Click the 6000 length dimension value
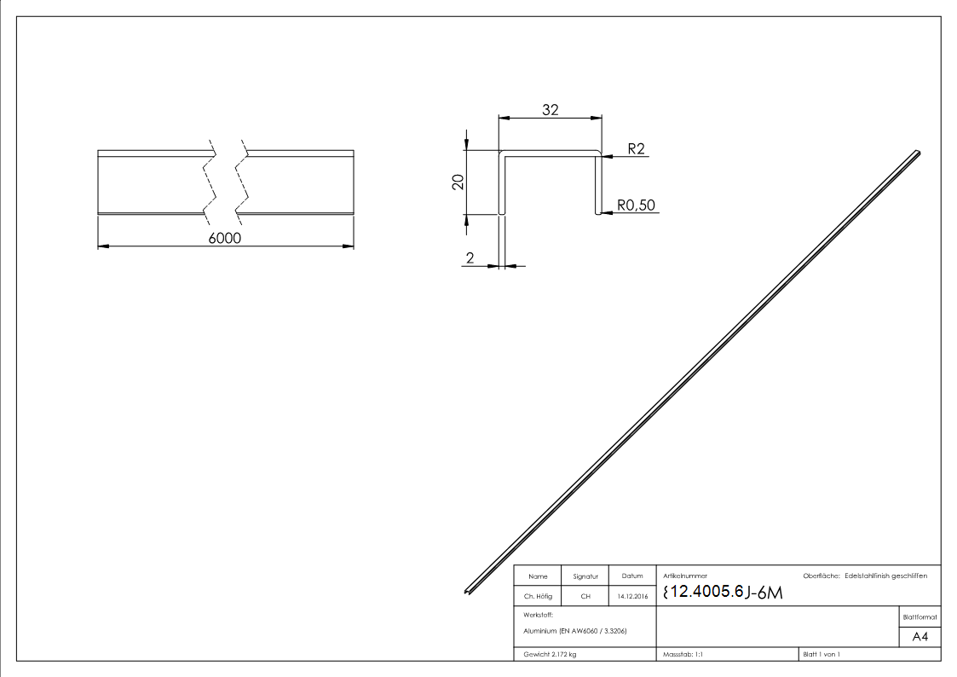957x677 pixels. pos(225,239)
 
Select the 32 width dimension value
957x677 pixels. pos(550,109)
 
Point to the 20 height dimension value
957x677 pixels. pos(458,182)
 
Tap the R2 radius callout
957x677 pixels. pos(636,149)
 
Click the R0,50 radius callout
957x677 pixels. pos(637,205)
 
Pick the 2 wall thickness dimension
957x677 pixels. pos(469,259)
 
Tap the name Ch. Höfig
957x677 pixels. pos(539,597)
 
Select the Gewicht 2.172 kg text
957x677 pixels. pos(551,654)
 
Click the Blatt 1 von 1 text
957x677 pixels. pos(822,654)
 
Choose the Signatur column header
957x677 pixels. pos(585,577)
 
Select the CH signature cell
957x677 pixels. pos(585,597)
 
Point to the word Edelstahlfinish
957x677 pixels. pos(872,576)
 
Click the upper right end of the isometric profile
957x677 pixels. pos(917,153)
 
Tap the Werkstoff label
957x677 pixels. pos(539,615)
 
